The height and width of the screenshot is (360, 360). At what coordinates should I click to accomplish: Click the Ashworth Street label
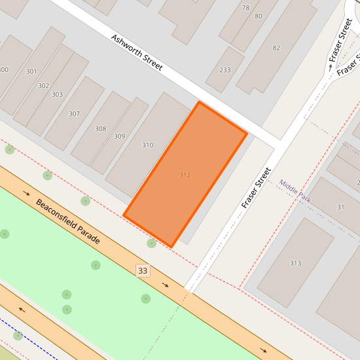point(136,53)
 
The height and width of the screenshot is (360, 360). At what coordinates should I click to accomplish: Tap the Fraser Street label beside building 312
point(256,188)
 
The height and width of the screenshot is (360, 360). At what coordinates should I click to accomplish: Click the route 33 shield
point(143,270)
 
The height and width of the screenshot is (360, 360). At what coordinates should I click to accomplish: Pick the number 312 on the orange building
point(185,175)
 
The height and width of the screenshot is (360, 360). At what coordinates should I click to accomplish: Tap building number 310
point(148,145)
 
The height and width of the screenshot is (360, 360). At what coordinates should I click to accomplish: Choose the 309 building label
point(119,136)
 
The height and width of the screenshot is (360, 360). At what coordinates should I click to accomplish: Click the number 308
point(100,129)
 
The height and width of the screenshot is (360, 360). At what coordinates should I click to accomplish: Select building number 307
point(74,114)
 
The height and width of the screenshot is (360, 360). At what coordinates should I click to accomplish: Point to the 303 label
point(57,94)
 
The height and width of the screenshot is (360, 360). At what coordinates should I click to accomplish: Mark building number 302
point(43,86)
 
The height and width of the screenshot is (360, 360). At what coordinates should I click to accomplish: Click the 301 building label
point(31,71)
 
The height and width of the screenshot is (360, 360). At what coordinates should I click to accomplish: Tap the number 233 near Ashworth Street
point(225,70)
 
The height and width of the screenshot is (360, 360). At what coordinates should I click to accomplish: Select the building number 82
point(276,48)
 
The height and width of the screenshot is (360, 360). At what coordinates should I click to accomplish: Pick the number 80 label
point(258,16)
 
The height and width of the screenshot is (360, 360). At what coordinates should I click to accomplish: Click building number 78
point(245,8)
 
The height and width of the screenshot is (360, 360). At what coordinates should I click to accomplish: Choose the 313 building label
point(295,263)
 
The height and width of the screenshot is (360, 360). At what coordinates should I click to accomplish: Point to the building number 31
point(340,207)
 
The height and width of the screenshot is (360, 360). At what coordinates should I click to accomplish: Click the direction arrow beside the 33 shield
point(166,285)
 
